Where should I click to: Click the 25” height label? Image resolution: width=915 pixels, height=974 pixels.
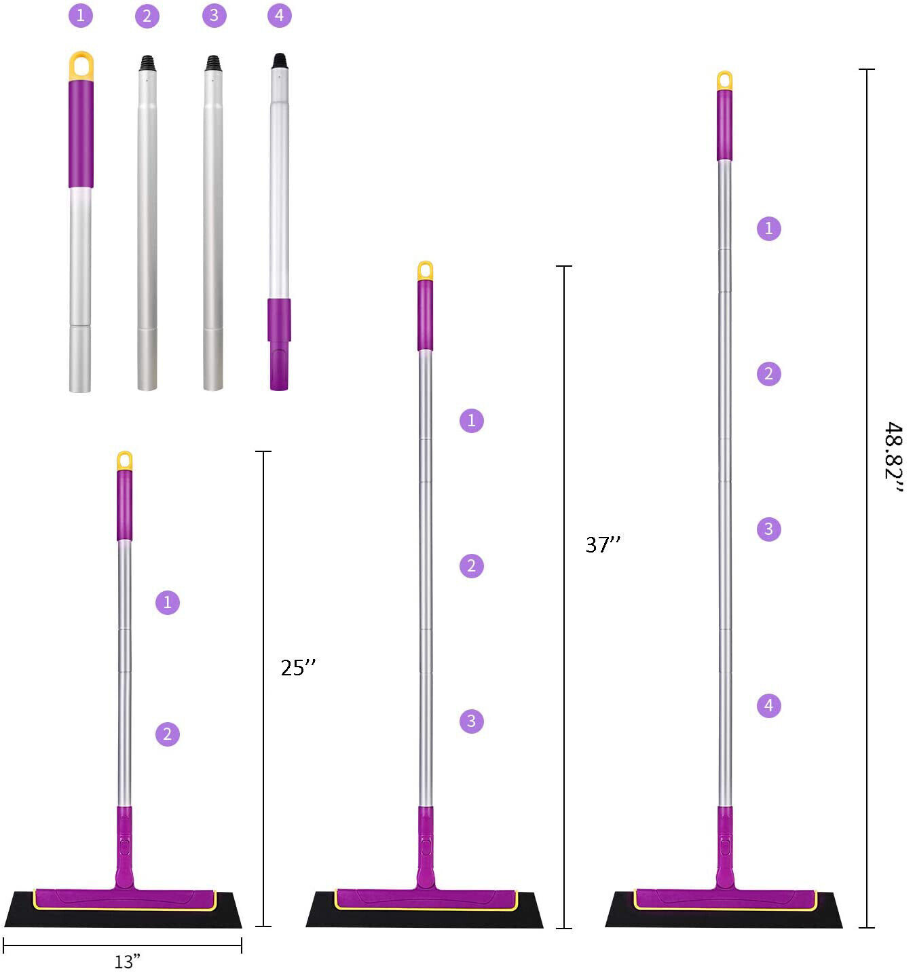(x=298, y=667)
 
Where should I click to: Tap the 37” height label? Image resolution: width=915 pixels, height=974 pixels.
(x=603, y=544)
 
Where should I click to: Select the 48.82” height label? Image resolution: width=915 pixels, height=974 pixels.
(x=893, y=457)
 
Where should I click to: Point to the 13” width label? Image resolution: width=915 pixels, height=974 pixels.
(x=127, y=961)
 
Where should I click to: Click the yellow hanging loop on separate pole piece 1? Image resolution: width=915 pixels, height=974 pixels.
(x=81, y=56)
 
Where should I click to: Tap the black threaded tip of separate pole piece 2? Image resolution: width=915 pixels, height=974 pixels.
(x=147, y=63)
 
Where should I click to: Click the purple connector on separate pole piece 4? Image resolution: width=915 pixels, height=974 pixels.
(x=279, y=343)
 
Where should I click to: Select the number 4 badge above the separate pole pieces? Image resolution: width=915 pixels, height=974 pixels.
(x=280, y=16)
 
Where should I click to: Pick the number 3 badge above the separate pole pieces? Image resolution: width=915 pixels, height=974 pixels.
(x=214, y=16)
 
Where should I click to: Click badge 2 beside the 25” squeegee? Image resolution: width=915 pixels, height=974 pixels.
(x=167, y=734)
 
